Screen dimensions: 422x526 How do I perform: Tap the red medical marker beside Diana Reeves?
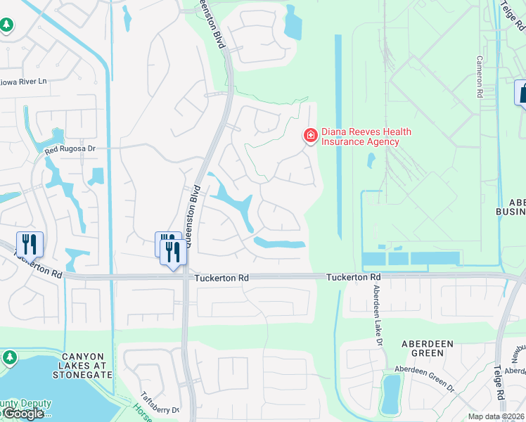click(x=309, y=134)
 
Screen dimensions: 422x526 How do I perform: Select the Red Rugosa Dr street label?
click(x=70, y=150)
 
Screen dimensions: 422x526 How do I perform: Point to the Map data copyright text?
click(x=495, y=416)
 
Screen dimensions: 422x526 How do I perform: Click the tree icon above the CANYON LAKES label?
click(x=9, y=358)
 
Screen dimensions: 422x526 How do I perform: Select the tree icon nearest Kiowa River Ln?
click(x=6, y=26)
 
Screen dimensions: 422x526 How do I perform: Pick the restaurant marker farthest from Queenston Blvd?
click(x=30, y=244)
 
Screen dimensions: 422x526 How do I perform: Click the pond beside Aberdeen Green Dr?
click(x=390, y=394)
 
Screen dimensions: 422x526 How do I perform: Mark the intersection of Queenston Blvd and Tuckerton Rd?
click(x=186, y=278)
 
